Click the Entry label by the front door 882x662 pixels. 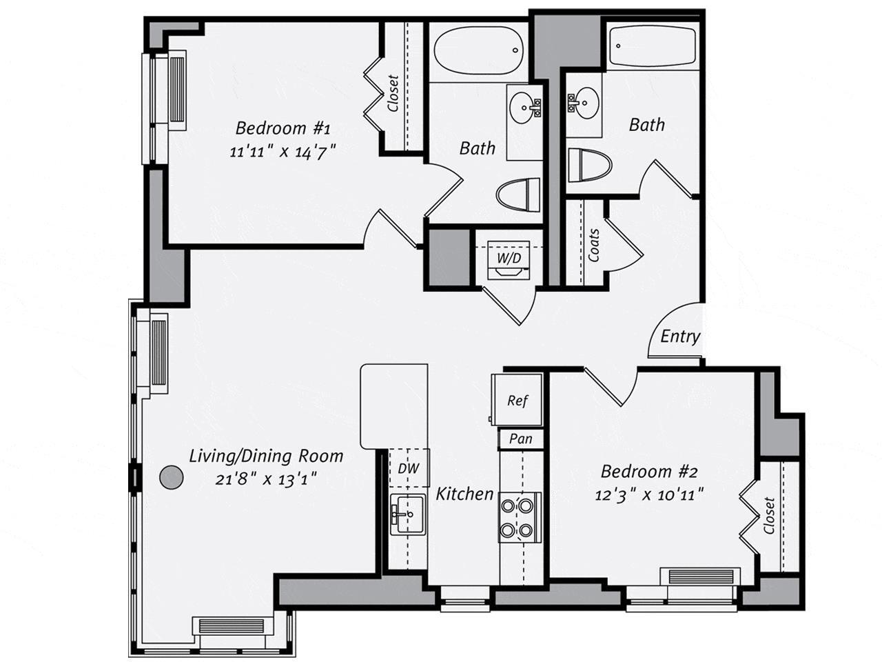point(679,337)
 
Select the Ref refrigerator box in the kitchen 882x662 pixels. point(517,401)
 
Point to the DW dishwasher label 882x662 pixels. point(409,468)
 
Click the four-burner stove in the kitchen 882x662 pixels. point(519,518)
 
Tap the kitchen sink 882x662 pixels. point(408,514)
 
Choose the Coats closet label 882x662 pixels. point(594,245)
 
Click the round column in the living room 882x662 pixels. point(170,477)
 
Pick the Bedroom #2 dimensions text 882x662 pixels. point(649,495)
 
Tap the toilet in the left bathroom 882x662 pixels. point(519,194)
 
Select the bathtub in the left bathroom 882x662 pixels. point(479,52)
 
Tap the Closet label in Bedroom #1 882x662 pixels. point(393,94)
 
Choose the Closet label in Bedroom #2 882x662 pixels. point(769,516)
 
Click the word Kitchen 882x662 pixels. point(465,494)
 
